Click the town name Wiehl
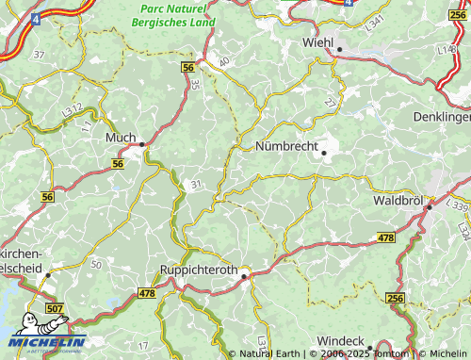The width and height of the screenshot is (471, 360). (318, 42)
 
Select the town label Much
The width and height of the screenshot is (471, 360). (121, 137)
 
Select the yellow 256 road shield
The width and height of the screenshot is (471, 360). (395, 299)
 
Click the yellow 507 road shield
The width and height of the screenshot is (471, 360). (56, 308)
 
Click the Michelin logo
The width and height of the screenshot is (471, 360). (44, 336)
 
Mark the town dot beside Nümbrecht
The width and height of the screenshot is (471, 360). (323, 153)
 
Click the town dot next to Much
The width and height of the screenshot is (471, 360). (142, 144)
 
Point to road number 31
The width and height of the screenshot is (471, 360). (196, 185)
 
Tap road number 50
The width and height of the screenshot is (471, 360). (97, 267)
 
